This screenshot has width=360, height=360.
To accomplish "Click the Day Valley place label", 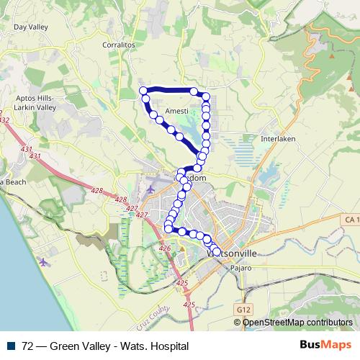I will [x=30, y=27].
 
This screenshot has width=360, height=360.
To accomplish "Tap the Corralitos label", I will [x=120, y=45].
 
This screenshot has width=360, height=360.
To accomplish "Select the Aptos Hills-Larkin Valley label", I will [x=31, y=102].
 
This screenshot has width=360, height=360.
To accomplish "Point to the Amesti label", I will [x=176, y=111].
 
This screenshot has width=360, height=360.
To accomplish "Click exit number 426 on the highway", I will [x=165, y=248].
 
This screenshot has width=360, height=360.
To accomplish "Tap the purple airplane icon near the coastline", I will [x=45, y=261].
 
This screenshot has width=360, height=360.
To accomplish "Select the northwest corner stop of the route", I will [x=143, y=91].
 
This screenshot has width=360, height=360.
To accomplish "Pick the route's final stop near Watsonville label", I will [x=217, y=251].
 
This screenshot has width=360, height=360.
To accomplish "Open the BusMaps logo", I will [x=324, y=346].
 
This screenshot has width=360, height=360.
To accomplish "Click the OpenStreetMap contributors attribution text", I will [x=297, y=323].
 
